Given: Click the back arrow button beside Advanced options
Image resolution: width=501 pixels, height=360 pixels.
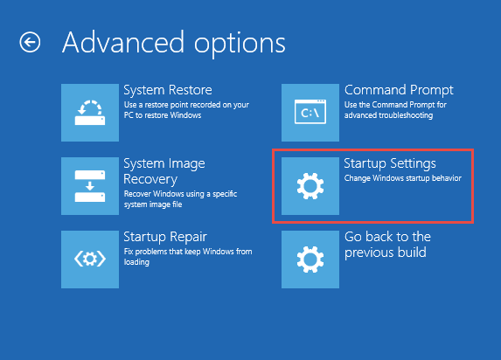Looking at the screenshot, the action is point(30,42).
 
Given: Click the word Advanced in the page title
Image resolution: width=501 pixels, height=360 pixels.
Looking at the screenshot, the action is point(123,42).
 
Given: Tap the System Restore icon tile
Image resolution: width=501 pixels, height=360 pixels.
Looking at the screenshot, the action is point(90,113).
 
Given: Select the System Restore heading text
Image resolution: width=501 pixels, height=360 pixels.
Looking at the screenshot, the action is point(168,90).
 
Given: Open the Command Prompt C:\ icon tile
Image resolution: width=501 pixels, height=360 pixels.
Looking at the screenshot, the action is point(310,113).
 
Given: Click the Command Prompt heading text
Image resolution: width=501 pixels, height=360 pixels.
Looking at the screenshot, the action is point(399,90).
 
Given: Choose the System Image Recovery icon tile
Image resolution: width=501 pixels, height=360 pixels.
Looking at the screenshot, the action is point(90,186).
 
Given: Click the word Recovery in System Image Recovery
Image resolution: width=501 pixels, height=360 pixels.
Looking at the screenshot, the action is point(150,179).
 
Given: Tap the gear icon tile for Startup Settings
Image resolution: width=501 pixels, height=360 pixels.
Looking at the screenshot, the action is point(310,186).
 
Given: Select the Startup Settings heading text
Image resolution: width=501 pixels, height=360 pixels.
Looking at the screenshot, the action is point(390,164).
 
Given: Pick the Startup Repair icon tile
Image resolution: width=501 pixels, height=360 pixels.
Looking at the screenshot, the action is point(90,260).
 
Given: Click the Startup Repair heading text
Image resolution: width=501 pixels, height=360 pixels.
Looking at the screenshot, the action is point(165,238).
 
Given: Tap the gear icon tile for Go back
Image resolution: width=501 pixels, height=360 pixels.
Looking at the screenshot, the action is point(310,260).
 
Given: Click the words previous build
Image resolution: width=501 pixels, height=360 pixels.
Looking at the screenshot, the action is point(386,253).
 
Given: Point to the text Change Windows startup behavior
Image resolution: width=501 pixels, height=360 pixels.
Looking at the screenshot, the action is point(403,178).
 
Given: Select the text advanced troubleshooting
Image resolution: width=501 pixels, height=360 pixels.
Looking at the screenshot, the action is point(388,115).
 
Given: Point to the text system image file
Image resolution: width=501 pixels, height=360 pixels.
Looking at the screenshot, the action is point(153,204).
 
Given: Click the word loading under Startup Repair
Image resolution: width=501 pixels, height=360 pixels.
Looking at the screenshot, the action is point(136,262).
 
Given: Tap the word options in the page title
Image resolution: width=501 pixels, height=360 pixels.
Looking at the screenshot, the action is point(240,45).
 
